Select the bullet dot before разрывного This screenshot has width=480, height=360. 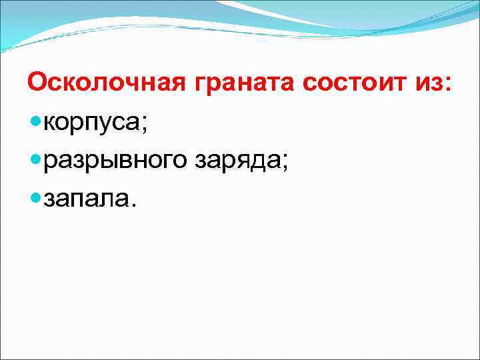coord(35,161)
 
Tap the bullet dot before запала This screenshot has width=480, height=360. coord(35,197)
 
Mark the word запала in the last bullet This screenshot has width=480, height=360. coord(85,199)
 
